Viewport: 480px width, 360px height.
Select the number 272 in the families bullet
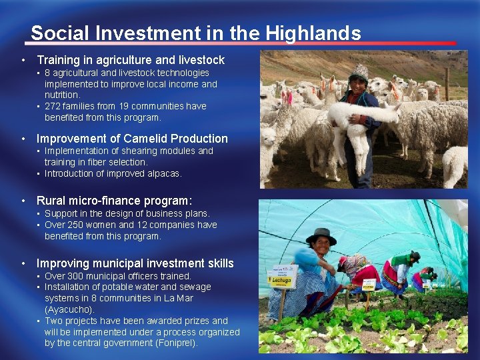pos(53,106)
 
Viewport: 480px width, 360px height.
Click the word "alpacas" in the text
pos(163,173)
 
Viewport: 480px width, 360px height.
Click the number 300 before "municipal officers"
pos(75,276)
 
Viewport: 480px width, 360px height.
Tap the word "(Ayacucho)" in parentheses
pos(69,309)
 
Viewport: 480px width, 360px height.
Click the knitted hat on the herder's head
pos(359,71)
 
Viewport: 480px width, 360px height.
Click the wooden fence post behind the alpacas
pos(446,83)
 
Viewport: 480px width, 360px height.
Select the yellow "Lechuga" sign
pos(282,276)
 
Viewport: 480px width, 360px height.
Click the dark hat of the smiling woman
pos(321,235)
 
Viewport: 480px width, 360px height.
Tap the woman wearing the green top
pos(402,267)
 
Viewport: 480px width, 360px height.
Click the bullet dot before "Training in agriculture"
pos(23,60)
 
